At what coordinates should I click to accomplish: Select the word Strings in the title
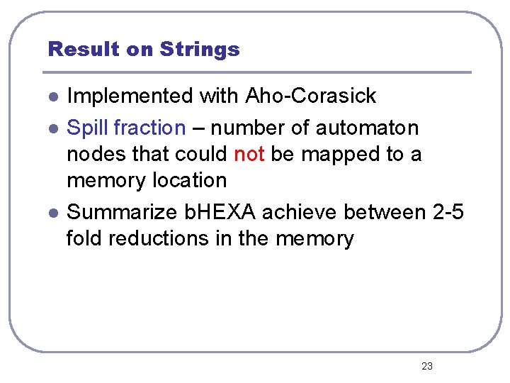[x=200, y=50]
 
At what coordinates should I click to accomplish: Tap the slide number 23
[x=426, y=366]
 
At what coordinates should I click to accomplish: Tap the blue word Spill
[x=87, y=128]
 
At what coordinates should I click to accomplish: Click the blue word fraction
[x=149, y=128]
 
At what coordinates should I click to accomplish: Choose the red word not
[x=249, y=154]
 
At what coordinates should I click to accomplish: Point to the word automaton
[x=367, y=128]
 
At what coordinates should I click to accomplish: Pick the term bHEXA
[x=218, y=212]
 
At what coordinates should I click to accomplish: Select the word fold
[x=81, y=238]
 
